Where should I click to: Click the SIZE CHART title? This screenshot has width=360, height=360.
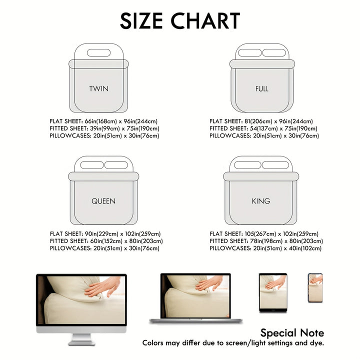pyautogui.click(x=180, y=21)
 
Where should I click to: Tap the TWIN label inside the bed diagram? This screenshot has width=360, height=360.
pyautogui.click(x=98, y=89)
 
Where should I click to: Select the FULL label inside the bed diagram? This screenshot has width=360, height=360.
pyautogui.click(x=262, y=89)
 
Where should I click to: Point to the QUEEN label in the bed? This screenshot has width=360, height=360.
pyautogui.click(x=103, y=201)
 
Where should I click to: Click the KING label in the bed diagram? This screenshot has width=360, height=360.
pyautogui.click(x=261, y=201)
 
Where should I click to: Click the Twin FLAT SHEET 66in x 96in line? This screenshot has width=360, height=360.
pyautogui.click(x=103, y=121)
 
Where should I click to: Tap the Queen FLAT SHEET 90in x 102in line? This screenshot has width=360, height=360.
pyautogui.click(x=105, y=234)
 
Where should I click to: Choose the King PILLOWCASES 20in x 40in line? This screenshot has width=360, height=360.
pyautogui.click(x=265, y=248)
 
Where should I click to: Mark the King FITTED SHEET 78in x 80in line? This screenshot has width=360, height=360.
pyautogui.click(x=266, y=241)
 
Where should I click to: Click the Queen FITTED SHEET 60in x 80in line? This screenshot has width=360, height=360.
pyautogui.click(x=106, y=241)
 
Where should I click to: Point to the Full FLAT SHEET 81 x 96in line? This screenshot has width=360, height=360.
pyautogui.click(x=261, y=121)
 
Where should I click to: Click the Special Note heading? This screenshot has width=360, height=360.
pyautogui.click(x=292, y=333)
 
